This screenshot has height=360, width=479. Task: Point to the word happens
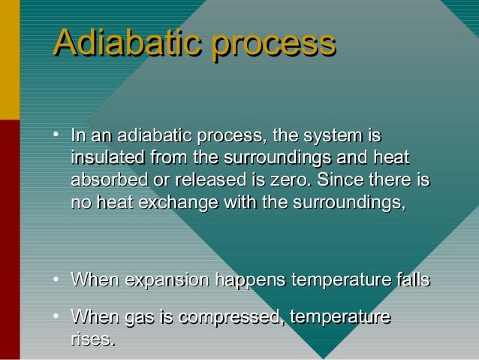coord(250,281)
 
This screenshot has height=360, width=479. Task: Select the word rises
coord(93,340)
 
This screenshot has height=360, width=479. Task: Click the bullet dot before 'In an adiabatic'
coord(56,136)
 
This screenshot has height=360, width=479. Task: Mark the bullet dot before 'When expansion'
coord(56,280)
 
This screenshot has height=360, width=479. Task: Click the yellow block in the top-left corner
coord(9,60)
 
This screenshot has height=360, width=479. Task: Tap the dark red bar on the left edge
coord(9,241)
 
